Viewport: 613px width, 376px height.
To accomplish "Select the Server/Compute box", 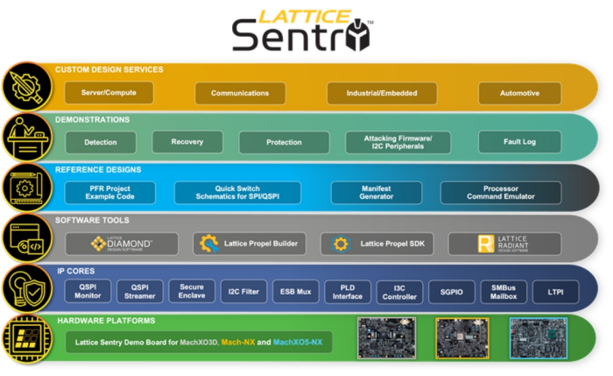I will click(109, 93).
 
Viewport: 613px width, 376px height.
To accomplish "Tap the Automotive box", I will click(519, 93).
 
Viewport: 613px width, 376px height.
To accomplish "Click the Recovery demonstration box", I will click(187, 142).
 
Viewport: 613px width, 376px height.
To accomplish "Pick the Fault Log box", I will click(519, 142).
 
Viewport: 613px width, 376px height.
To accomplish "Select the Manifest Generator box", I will click(376, 193).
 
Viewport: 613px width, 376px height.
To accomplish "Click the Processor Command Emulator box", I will click(500, 193).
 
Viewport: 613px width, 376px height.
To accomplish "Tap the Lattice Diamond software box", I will click(122, 244).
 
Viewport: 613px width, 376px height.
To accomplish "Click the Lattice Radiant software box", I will click(504, 244).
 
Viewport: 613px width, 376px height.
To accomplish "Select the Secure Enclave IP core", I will click(192, 292).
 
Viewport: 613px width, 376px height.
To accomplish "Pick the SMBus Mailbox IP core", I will click(503, 292).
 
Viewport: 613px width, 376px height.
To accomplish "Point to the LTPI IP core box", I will click(555, 292).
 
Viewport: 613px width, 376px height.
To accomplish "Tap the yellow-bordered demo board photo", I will click(462, 338).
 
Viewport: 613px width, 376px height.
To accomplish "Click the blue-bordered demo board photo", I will click(538, 338).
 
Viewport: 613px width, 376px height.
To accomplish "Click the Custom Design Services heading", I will click(109, 70).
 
